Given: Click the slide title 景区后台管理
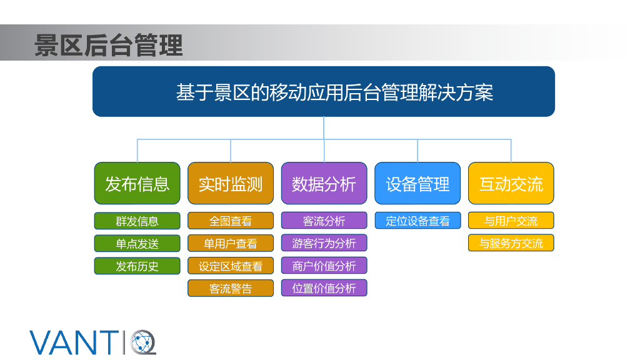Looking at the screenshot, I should click(109, 45).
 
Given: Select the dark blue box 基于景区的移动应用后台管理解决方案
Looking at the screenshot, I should click(324, 92).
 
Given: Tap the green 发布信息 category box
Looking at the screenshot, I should click(137, 184).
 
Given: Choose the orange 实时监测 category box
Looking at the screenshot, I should click(231, 184).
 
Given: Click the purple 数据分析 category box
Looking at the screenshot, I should click(324, 184).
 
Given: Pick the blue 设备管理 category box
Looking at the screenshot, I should click(417, 184).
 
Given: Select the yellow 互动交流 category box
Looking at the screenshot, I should click(511, 184).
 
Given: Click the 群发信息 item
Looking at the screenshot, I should click(137, 221).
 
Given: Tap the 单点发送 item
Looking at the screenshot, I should click(137, 244).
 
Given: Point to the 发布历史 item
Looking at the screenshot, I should click(137, 266).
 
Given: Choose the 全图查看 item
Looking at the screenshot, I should click(231, 221).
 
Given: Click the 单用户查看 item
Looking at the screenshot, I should click(231, 244).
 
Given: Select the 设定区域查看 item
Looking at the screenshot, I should click(231, 266).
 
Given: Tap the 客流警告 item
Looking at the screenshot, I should click(231, 289).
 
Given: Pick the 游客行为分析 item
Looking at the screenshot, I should click(324, 243).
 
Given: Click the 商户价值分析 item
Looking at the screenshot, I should click(324, 266).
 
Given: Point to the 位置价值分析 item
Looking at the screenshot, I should click(324, 288).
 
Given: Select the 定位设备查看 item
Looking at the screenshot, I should click(417, 221).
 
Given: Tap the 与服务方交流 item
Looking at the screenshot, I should click(511, 243).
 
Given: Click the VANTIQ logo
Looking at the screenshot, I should click(92, 341).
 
